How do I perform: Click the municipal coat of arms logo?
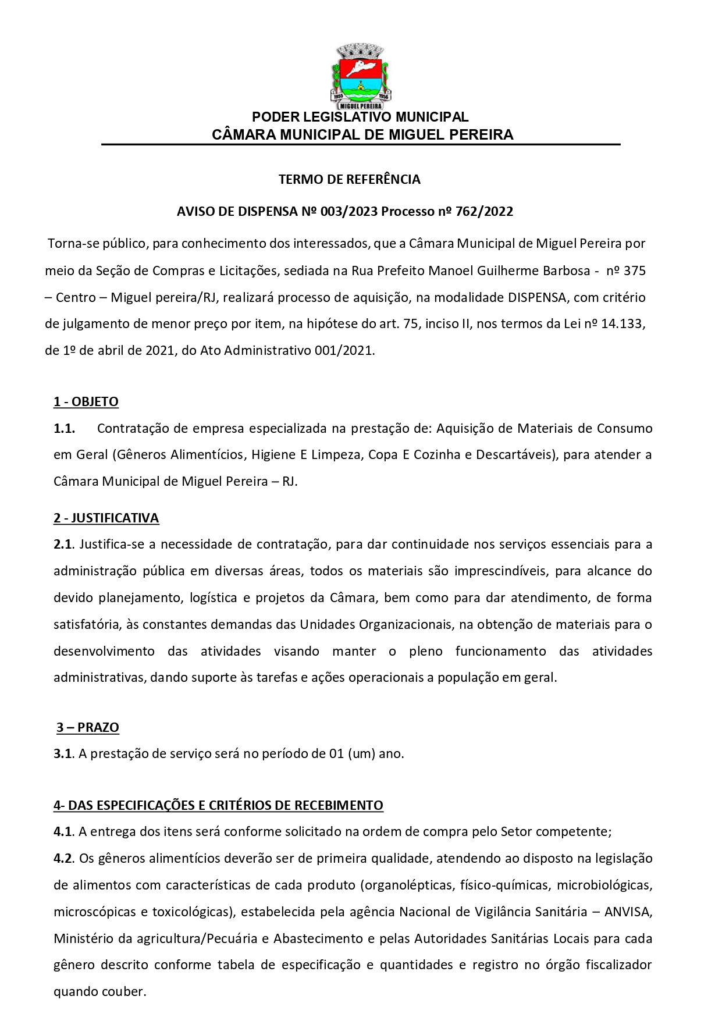click(x=361, y=76)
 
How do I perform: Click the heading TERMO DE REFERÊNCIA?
click(x=349, y=179)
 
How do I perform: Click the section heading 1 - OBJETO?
click(x=86, y=401)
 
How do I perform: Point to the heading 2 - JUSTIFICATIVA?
click(x=106, y=518)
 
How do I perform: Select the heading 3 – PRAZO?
click(x=88, y=727)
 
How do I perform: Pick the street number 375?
click(x=634, y=271)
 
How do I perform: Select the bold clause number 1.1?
click(x=64, y=429)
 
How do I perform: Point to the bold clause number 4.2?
click(x=63, y=858)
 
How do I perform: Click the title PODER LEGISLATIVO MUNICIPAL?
click(x=360, y=118)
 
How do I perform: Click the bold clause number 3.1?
click(x=63, y=753)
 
